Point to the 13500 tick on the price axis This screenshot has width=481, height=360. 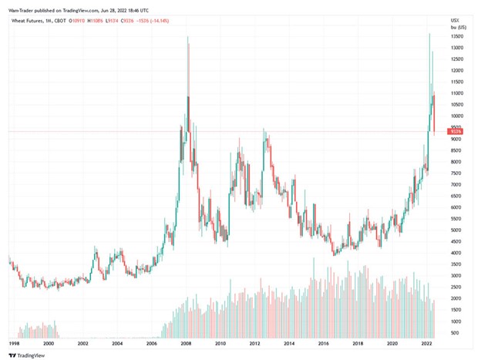click(x=456, y=36)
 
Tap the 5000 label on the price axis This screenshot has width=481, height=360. click(x=456, y=230)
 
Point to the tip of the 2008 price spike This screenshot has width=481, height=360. click(x=187, y=36)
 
